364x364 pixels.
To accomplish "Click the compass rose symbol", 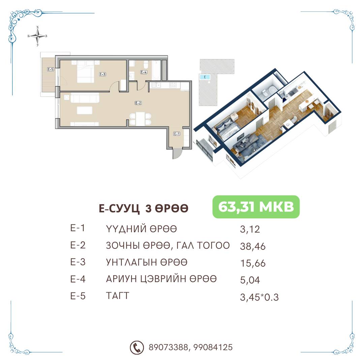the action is [x=38, y=36].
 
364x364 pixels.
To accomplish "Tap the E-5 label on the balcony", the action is [x=50, y=69].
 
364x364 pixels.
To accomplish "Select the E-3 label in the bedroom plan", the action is [x=102, y=74].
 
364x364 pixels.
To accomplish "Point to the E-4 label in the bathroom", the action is [x=144, y=72].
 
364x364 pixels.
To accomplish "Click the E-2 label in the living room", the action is [x=138, y=103].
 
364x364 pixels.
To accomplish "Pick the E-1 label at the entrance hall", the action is [x=177, y=134].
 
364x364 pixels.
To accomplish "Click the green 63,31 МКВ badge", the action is [x=256, y=207].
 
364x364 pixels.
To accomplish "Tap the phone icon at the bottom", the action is [x=136, y=347].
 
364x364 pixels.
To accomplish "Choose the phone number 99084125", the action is [x=213, y=347].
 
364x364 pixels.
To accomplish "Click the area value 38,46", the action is [x=252, y=246].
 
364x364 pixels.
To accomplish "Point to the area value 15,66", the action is [x=252, y=264].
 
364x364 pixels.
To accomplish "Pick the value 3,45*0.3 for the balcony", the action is [x=259, y=297].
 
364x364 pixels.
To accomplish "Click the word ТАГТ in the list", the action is [x=118, y=296].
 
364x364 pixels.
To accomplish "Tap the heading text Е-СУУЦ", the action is [x=119, y=209].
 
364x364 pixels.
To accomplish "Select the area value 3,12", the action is [x=250, y=230].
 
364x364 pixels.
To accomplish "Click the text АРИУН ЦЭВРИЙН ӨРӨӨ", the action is [x=161, y=279].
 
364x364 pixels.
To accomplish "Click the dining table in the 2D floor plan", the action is [x=140, y=119].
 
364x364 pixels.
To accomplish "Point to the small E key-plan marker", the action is [x=205, y=77].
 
